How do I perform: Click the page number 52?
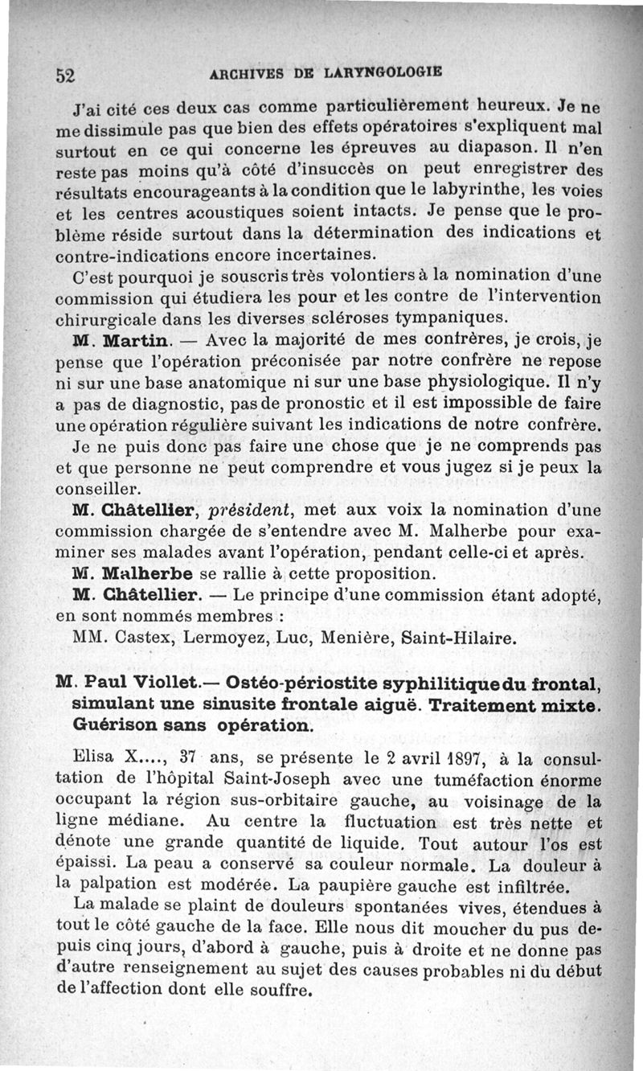click(65, 75)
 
